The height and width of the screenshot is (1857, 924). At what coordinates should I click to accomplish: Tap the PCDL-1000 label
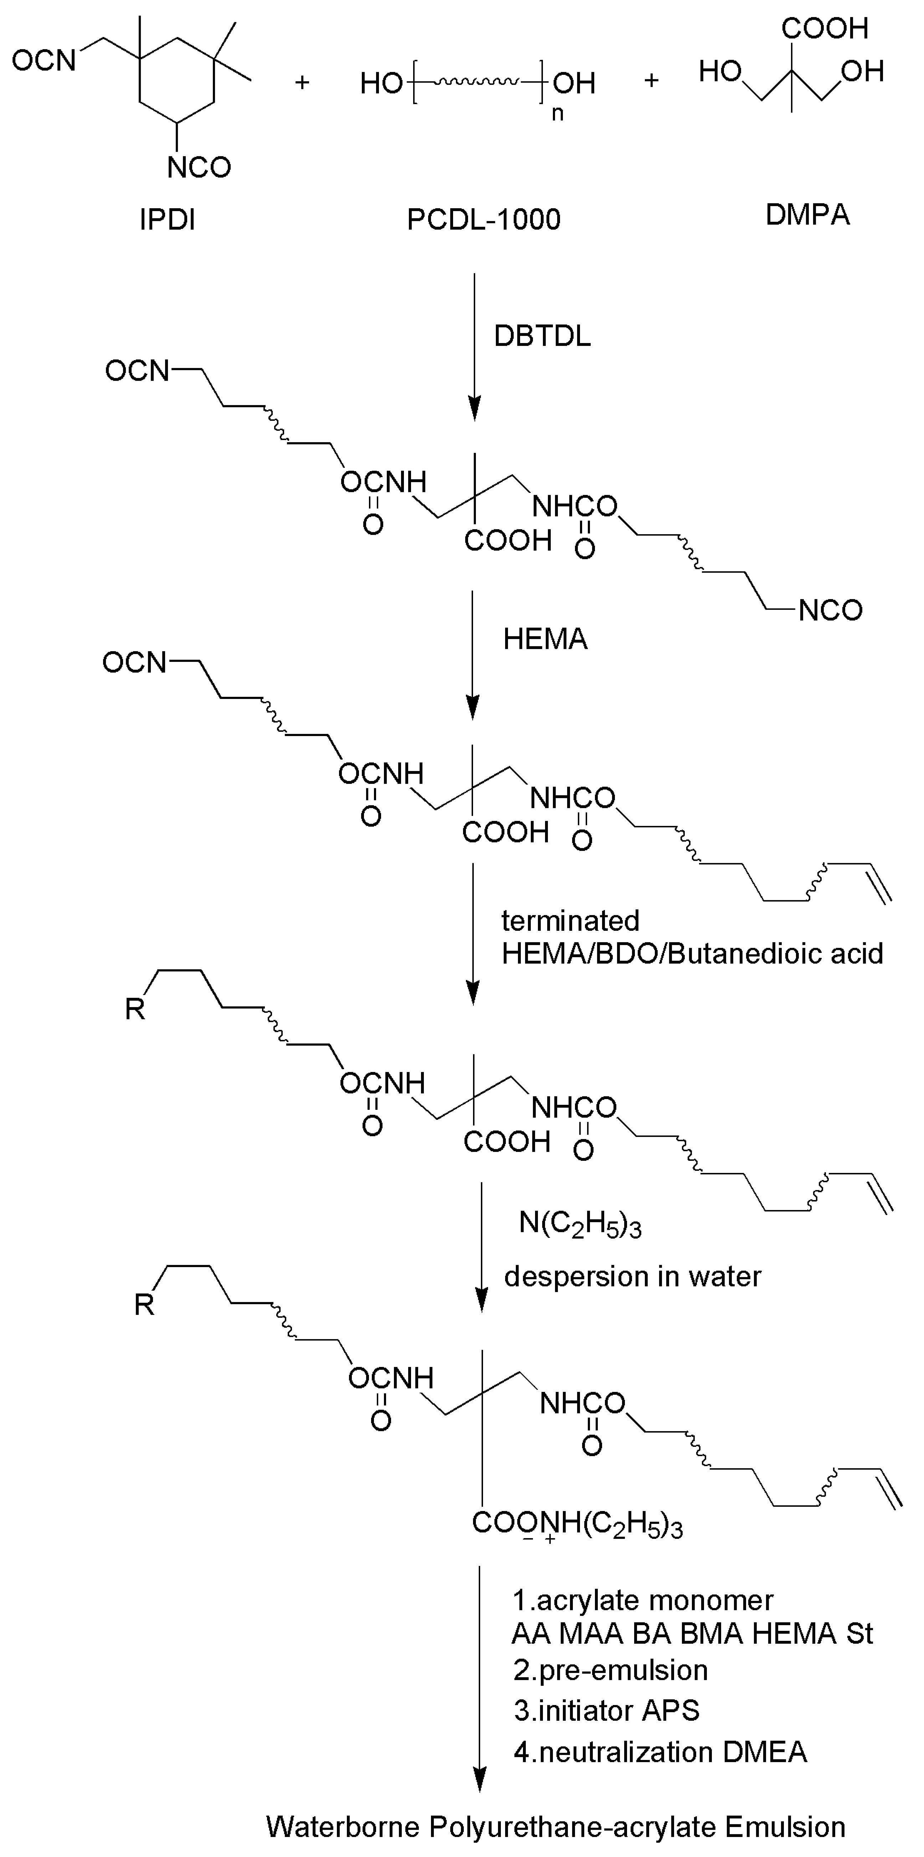(484, 219)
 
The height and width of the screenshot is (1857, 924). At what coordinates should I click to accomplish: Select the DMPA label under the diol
(807, 215)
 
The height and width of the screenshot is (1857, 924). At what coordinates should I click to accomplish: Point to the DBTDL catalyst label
(542, 337)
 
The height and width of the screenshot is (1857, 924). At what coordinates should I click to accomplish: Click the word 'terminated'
(570, 920)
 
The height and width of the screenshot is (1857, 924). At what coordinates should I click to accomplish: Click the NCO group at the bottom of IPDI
(199, 167)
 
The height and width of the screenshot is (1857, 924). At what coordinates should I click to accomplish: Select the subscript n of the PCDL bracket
(557, 113)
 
